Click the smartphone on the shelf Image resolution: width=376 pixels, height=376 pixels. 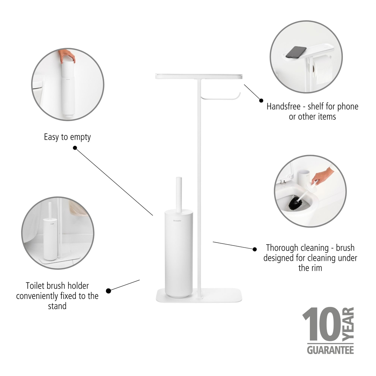click(296, 52)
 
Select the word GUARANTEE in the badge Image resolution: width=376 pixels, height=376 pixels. click(330, 350)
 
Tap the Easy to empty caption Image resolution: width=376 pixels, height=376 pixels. click(67, 137)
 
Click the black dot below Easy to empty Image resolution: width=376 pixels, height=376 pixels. click(75, 148)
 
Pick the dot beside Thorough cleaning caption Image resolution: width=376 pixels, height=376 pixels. click(254, 249)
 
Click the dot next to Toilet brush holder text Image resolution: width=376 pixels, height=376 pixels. click(109, 291)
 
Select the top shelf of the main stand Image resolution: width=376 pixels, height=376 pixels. click(199, 76)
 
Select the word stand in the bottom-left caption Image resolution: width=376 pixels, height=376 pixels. click(57, 306)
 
